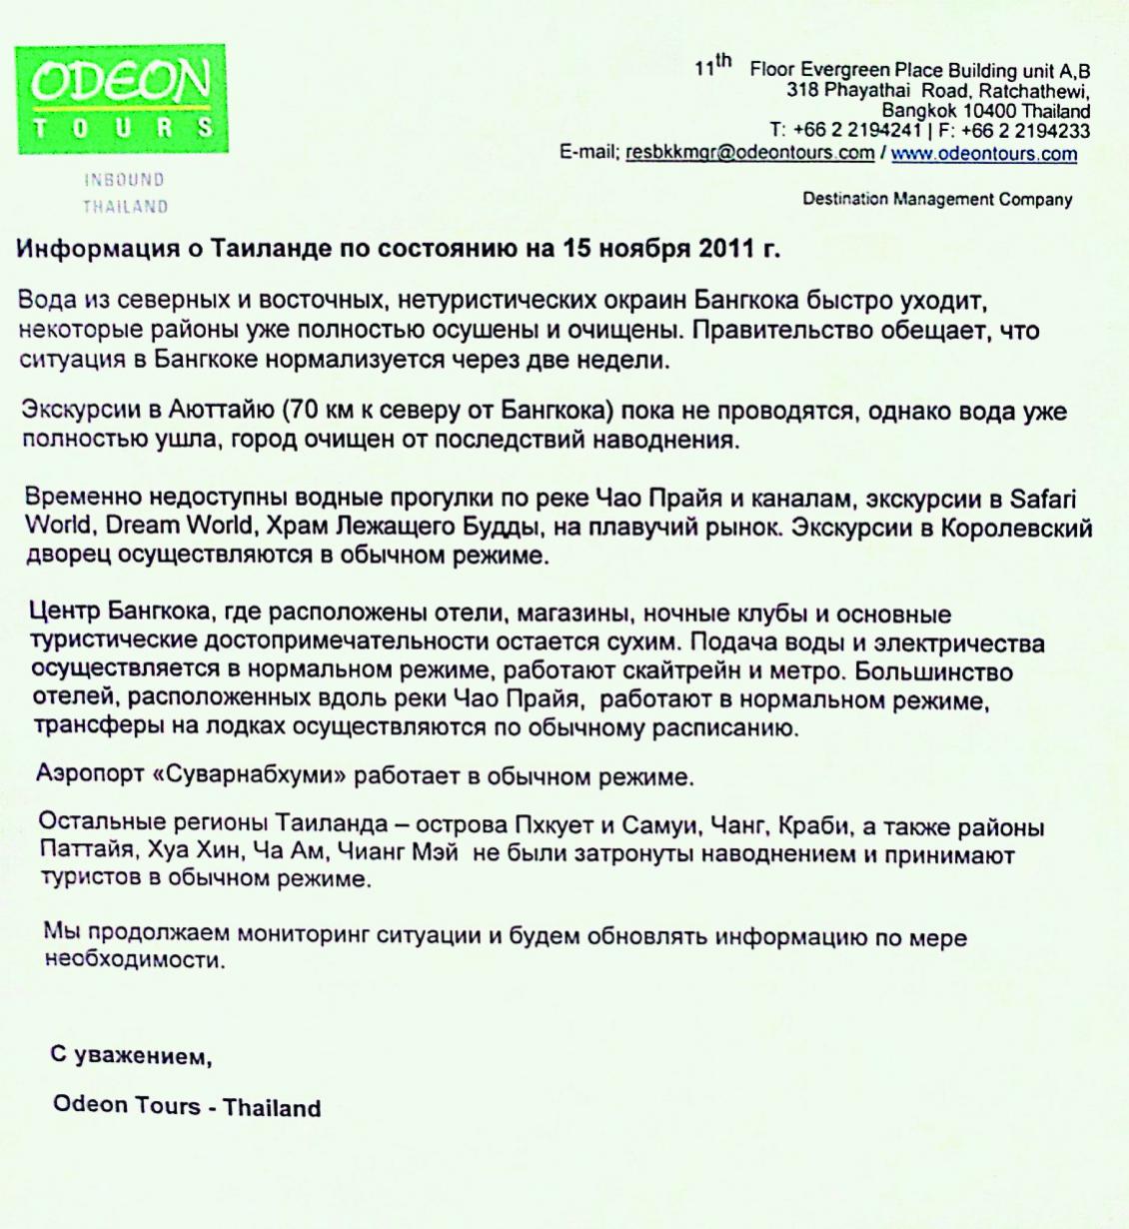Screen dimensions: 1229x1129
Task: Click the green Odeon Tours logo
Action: [121, 99]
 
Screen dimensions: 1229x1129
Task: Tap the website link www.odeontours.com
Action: [984, 154]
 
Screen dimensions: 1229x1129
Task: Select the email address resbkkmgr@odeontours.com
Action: [749, 154]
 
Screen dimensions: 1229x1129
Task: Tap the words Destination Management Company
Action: [937, 199]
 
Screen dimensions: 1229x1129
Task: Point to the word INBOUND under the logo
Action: [124, 181]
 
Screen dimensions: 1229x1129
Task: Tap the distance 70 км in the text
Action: [316, 411]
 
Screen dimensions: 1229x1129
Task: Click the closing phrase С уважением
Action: [131, 1056]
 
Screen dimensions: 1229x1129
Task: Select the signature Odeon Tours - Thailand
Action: [187, 1107]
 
